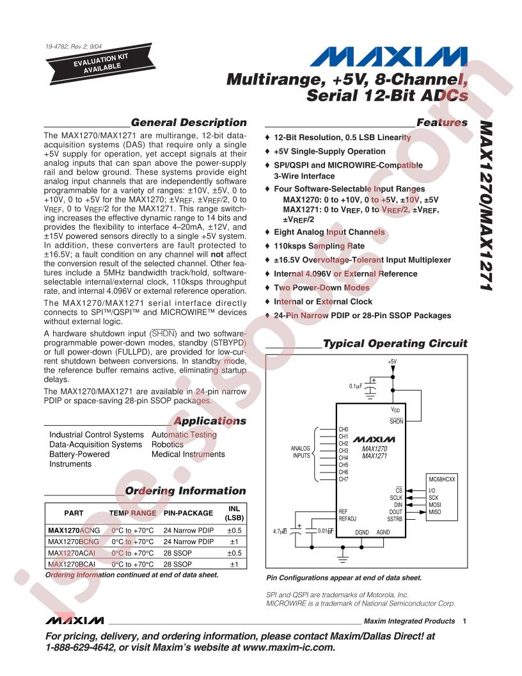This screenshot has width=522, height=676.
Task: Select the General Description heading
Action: pyautogui.click(x=188, y=122)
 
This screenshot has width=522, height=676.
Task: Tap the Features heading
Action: pyautogui.click(x=441, y=122)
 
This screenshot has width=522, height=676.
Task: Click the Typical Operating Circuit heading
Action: pyautogui.click(x=395, y=344)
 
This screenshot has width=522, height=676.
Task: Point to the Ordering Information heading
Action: pyautogui.click(x=186, y=491)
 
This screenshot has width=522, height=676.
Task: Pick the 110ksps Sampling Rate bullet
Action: pyautogui.click(x=319, y=246)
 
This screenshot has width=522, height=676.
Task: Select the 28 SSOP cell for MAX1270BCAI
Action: pyautogui.click(x=178, y=565)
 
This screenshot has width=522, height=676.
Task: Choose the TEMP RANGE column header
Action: pyautogui.click(x=132, y=513)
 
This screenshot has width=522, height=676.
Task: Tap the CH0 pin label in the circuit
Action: pyautogui.click(x=343, y=429)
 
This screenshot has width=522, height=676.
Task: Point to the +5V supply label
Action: pyautogui.click(x=391, y=362)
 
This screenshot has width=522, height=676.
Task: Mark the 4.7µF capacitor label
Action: pyautogui.click(x=280, y=531)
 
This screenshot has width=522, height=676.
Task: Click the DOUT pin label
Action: pyautogui.click(x=396, y=511)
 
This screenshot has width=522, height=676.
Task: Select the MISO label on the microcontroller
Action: pyautogui.click(x=435, y=511)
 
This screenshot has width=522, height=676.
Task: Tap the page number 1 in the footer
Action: pyautogui.click(x=464, y=621)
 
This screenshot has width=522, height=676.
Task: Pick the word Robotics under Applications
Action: pyautogui.click(x=168, y=444)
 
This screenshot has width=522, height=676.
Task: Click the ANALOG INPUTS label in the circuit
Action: pyautogui.click(x=301, y=452)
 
